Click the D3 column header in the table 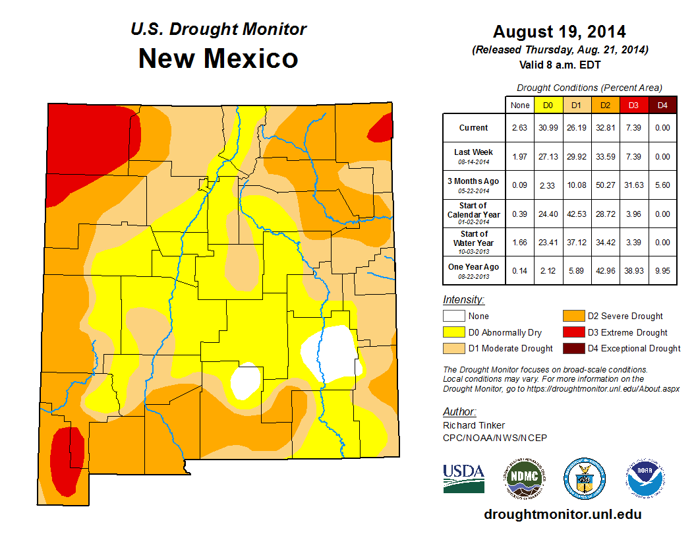633,105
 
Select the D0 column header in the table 548,105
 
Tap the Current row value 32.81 604,128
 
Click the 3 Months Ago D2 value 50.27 604,185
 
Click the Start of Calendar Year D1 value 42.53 576,215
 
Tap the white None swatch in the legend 454,316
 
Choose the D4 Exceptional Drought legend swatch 572,348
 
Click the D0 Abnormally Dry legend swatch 454,332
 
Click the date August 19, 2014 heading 560,32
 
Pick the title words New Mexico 218,59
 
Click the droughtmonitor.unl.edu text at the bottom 562,514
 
